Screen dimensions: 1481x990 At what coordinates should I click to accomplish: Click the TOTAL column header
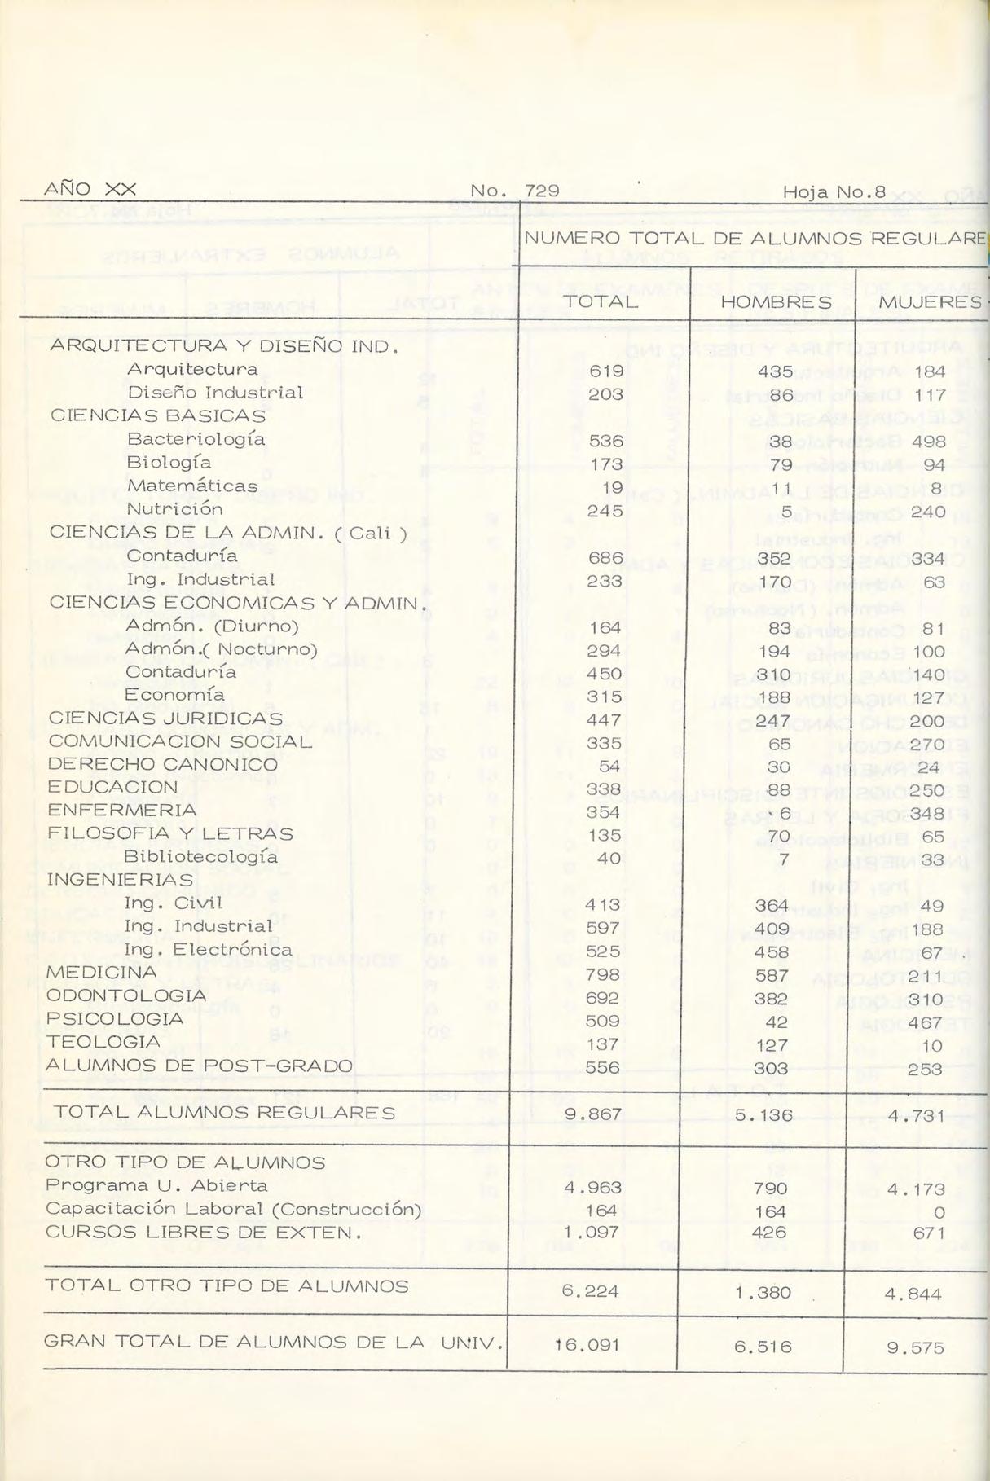coord(601,302)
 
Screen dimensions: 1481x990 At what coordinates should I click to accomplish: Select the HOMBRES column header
coord(775,303)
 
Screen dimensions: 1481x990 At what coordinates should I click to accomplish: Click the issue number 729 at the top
coord(542,191)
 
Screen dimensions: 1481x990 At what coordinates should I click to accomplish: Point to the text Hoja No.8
coord(834,192)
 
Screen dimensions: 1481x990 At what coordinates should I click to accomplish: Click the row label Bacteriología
coord(196,439)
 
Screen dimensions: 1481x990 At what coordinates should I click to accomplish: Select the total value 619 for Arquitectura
coord(605,371)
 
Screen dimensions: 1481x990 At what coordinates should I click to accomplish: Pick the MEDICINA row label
coord(102,973)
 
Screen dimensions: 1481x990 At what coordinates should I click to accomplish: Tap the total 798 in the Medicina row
coord(603,975)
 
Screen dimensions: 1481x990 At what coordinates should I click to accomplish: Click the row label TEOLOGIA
coord(103,1042)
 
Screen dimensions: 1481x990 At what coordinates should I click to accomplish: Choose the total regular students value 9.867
coord(594,1114)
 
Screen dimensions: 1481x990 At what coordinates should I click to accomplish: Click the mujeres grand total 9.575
coord(915,1347)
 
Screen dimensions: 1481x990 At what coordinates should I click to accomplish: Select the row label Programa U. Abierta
coord(156,1185)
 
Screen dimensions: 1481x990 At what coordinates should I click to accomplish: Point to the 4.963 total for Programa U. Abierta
coord(592,1188)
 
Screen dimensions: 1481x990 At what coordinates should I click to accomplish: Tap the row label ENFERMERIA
coord(122,811)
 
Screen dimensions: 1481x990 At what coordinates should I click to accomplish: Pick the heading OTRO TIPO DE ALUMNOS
coord(185,1162)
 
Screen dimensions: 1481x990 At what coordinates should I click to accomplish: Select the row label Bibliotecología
coord(200,857)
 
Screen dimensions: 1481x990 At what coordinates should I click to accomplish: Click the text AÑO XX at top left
coord(90,189)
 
